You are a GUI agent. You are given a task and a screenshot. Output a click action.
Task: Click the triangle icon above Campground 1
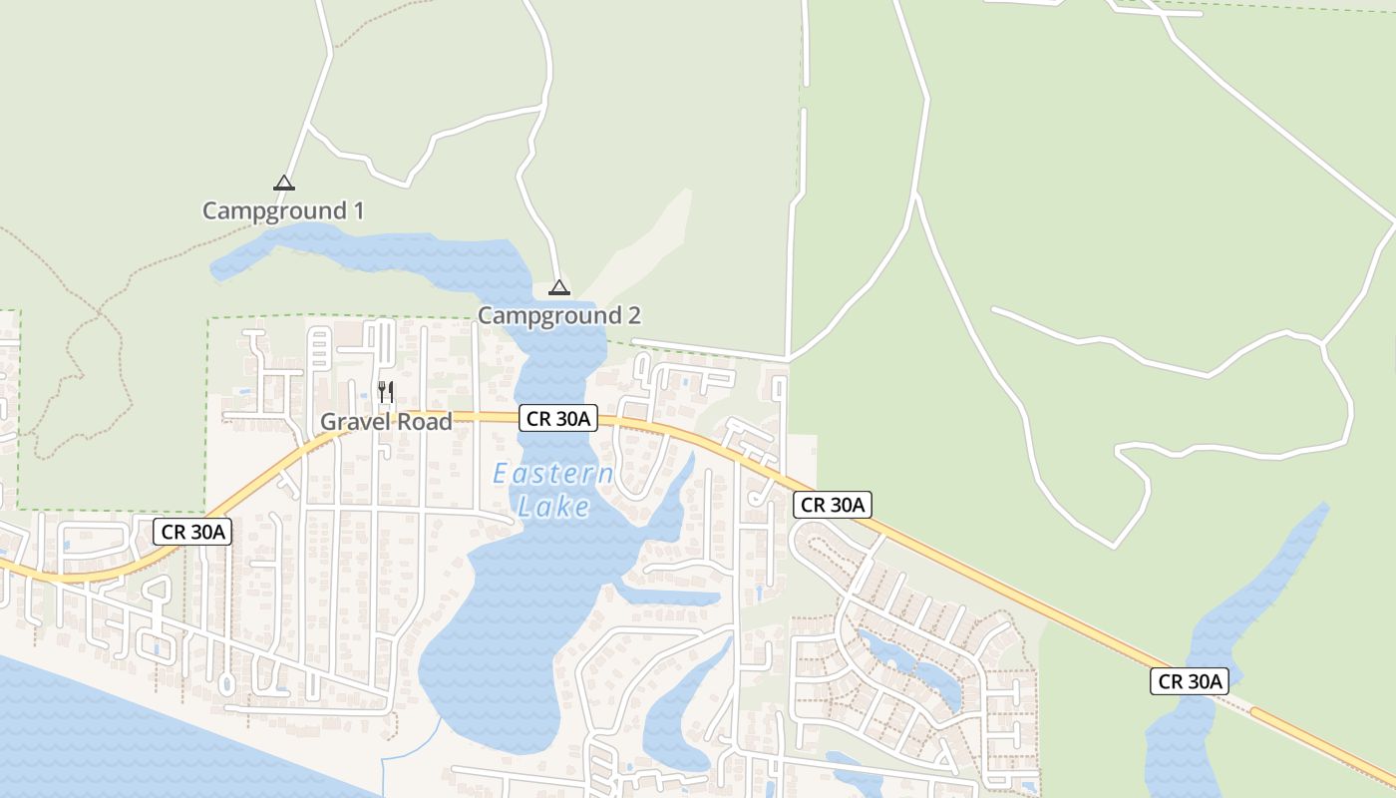click(x=284, y=183)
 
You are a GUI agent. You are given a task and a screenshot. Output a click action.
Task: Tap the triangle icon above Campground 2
click(x=559, y=288)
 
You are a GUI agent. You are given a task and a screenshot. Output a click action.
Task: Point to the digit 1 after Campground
click(x=357, y=211)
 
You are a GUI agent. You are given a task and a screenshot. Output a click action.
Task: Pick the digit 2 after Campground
click(x=633, y=316)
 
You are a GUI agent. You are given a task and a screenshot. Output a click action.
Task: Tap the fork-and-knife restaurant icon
click(x=386, y=391)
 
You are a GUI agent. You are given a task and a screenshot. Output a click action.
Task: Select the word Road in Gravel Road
click(x=425, y=422)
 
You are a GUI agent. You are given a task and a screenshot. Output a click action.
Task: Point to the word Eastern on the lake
click(x=553, y=475)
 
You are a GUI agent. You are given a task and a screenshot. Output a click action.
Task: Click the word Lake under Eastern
click(x=553, y=508)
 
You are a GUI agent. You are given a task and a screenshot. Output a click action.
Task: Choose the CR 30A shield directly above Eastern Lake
click(x=557, y=419)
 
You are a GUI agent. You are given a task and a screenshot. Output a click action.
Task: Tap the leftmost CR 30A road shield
click(x=192, y=532)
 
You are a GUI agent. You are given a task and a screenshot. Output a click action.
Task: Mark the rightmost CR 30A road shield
click(x=1189, y=681)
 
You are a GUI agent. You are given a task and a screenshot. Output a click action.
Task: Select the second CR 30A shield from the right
click(x=833, y=505)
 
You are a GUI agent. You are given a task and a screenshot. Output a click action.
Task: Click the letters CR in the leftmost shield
click(x=174, y=532)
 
